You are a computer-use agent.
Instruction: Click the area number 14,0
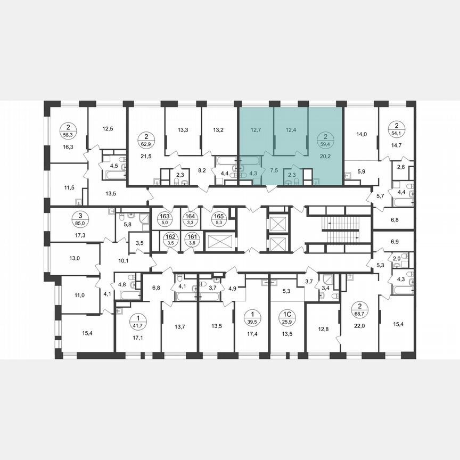coord(362,134)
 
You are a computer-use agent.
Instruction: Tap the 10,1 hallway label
coord(124,261)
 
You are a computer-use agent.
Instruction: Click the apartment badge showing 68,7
coord(360,308)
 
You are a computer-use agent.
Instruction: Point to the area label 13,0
coord(75,258)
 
